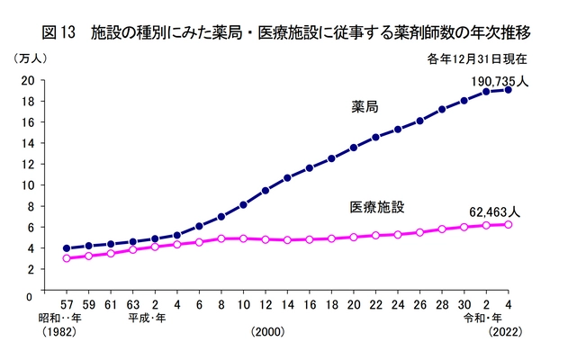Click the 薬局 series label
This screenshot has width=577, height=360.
365,107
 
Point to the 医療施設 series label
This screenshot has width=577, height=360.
376,208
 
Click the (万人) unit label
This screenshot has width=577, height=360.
31,58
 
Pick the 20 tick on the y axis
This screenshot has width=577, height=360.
28,80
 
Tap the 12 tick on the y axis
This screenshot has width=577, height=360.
28,164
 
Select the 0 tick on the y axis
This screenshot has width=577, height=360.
29,294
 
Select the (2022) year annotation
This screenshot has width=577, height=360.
506,333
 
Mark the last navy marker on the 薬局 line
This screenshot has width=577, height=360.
509,90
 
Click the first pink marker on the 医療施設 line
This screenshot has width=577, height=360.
67,258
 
